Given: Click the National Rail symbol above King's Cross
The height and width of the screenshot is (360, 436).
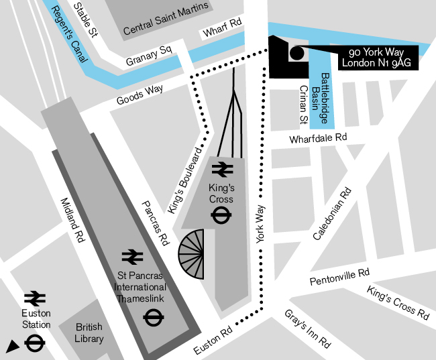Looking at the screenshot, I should (221, 168).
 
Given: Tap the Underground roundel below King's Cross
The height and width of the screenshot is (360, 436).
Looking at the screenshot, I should (221, 216).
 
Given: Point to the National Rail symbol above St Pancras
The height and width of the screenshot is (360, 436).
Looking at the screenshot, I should (133, 256).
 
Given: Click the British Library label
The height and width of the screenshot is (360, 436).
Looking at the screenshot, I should (89, 333).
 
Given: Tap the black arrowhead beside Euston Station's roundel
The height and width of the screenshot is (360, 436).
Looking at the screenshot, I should (11, 346).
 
